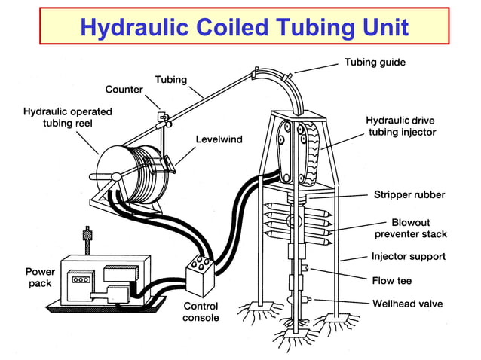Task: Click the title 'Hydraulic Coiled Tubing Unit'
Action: (x=244, y=28)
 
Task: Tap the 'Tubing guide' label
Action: (x=375, y=62)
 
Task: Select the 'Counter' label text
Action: (x=124, y=90)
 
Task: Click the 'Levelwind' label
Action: (x=219, y=139)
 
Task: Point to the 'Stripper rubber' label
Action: (x=409, y=195)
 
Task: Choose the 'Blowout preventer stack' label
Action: (x=410, y=229)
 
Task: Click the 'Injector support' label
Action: (x=408, y=256)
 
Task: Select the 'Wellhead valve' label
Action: (x=408, y=304)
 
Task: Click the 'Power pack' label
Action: (x=39, y=277)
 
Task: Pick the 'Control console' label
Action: (x=201, y=312)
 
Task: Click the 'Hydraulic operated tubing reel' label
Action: (x=68, y=117)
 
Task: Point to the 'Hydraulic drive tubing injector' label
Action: (x=401, y=126)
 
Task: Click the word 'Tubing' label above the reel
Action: (x=171, y=79)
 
